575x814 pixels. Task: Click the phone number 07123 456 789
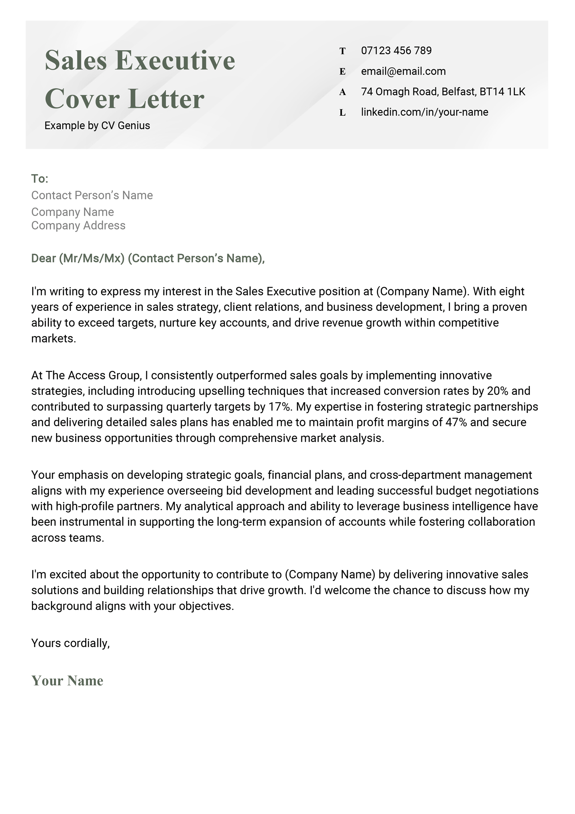pos(396,50)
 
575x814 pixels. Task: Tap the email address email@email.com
pos(403,71)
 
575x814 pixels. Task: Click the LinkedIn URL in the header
pos(424,112)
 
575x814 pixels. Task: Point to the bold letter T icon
pos(342,51)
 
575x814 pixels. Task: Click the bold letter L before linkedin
pos(342,113)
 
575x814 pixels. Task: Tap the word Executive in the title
pos(175,60)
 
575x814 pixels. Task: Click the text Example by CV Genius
pos(97,126)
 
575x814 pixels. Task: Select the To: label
pos(40,178)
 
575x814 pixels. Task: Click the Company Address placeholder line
pos(78,226)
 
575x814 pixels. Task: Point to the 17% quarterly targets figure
pos(279,407)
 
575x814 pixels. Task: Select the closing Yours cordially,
pos(70,643)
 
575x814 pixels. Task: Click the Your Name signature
pos(67,681)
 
